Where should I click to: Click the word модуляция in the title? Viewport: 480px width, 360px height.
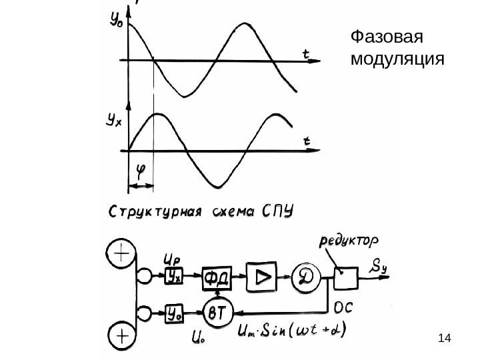tap(397, 59)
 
